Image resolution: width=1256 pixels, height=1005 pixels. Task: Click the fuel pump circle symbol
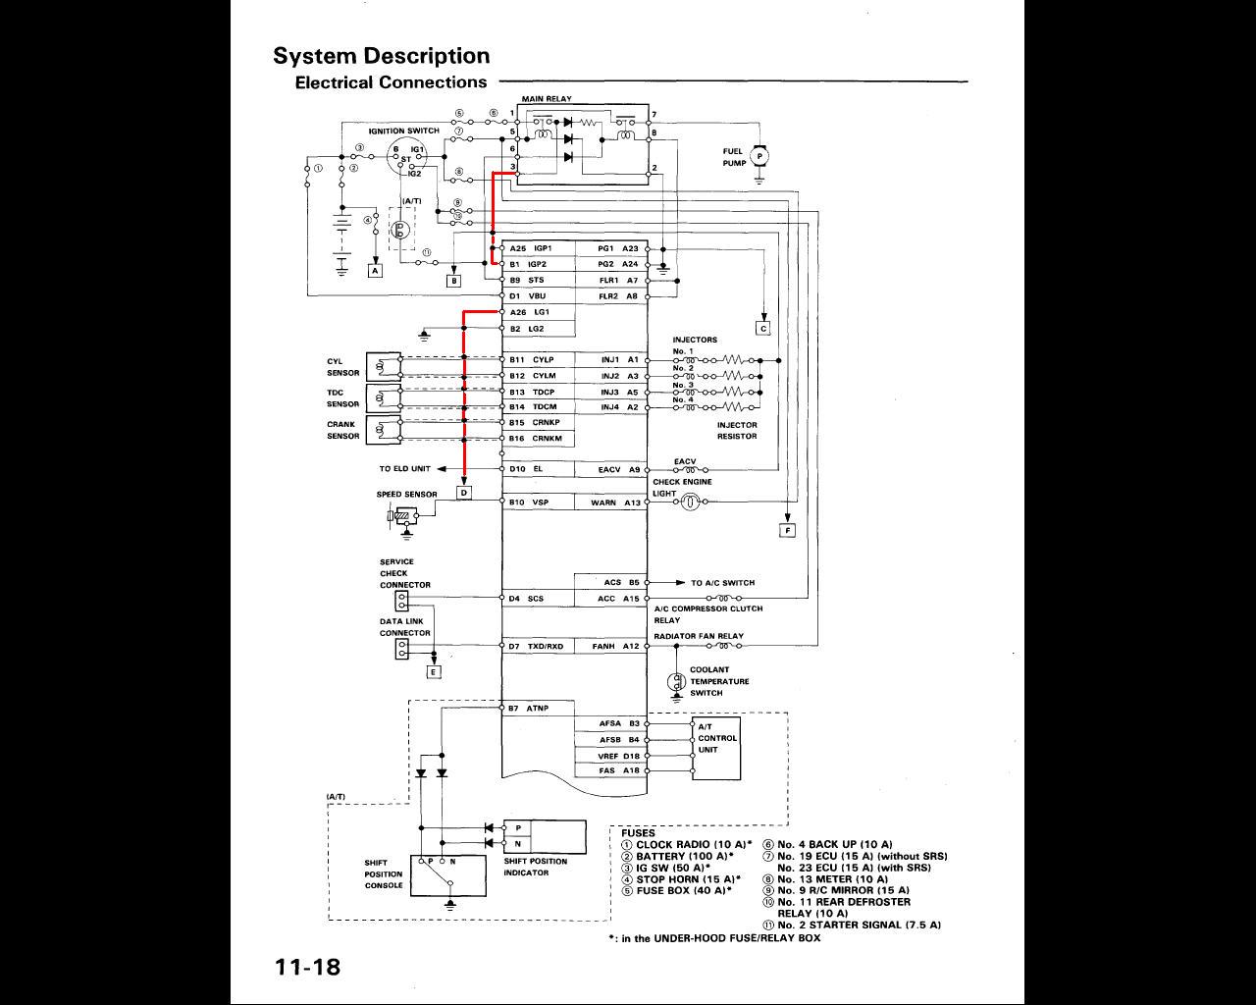(759, 156)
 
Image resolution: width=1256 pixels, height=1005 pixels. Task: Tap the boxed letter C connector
(762, 329)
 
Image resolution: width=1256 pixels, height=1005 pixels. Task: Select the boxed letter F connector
(786, 531)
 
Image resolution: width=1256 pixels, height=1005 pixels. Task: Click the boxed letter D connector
(464, 493)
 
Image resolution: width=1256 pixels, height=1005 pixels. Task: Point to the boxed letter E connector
(434, 671)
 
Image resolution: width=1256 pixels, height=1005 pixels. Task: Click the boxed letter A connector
(374, 270)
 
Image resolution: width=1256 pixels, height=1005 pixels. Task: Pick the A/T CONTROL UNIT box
(716, 749)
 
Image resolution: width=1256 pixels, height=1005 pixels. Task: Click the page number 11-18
(307, 967)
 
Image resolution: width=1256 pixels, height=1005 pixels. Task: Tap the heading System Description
(381, 56)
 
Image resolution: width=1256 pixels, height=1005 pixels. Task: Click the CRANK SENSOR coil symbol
(384, 430)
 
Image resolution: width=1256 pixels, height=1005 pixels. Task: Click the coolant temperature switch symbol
(675, 681)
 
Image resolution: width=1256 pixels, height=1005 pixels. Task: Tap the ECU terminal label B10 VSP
(529, 502)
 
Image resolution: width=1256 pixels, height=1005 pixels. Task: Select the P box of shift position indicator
(518, 828)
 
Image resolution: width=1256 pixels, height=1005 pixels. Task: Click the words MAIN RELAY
(547, 99)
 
